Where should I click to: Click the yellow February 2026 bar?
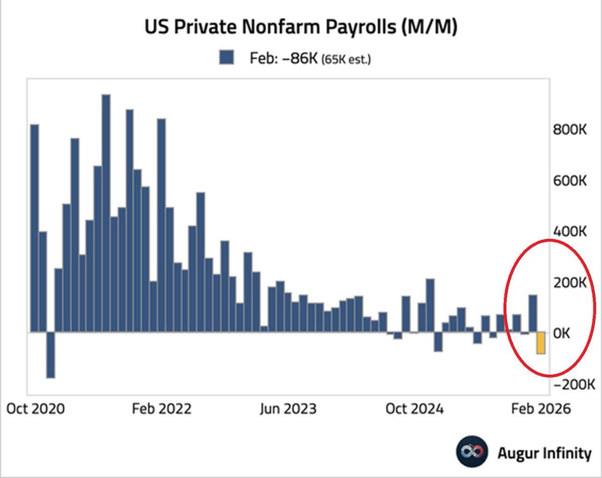click(541, 343)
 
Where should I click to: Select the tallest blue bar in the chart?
click(106, 213)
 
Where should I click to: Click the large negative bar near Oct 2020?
click(50, 355)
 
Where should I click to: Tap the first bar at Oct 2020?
click(35, 228)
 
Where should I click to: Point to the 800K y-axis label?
click(570, 130)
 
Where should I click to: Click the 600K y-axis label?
click(570, 181)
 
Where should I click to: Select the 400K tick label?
click(570, 232)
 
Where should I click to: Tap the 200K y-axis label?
click(570, 282)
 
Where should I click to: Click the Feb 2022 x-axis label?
click(162, 409)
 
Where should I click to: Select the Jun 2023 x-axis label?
click(288, 409)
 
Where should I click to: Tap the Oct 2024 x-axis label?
click(414, 409)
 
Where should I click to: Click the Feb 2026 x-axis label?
click(541, 409)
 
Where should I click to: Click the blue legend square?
click(226, 58)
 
